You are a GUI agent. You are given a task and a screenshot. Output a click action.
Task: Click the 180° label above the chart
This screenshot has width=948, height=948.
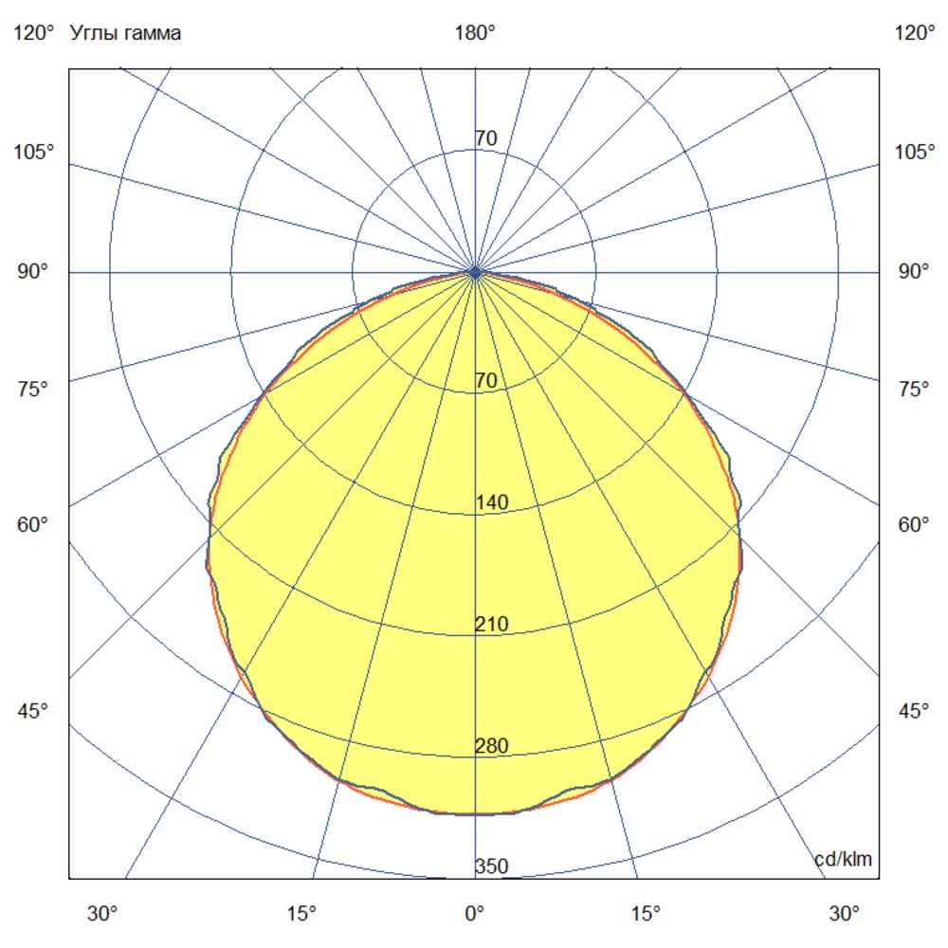474,33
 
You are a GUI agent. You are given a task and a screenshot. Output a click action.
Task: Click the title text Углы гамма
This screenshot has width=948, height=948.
125,33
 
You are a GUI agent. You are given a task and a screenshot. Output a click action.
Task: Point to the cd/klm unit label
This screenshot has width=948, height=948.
843,859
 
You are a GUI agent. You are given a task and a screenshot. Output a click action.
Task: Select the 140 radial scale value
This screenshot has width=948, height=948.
492,502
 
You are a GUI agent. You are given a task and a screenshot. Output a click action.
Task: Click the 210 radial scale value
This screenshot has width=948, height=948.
492,624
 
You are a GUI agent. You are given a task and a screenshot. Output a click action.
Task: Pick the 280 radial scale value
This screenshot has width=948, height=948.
492,745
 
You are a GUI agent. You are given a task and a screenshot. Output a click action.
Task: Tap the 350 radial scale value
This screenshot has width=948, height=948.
492,866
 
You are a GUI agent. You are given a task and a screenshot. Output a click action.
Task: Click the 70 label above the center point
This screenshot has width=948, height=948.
485,138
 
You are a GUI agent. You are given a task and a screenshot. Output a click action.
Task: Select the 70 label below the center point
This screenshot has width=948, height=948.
485,381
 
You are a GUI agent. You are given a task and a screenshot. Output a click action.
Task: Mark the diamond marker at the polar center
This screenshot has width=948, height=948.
475,272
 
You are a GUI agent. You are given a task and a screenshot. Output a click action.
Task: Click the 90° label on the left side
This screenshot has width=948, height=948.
33,272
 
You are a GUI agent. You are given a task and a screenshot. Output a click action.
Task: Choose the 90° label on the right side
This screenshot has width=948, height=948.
914,272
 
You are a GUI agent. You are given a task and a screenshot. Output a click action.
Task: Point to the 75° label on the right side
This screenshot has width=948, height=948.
914,389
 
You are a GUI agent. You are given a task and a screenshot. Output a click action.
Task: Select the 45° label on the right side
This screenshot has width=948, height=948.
914,711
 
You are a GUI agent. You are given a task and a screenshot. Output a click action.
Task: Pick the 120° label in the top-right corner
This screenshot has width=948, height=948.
914,33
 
